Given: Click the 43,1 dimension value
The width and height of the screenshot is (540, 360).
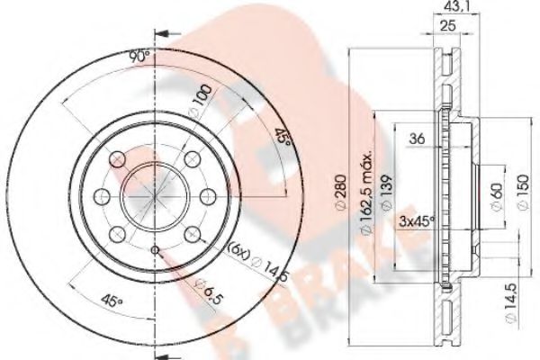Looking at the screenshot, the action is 455,5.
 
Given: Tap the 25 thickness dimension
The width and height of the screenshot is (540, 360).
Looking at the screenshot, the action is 448,25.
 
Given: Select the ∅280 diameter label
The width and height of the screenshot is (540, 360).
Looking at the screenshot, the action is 340,192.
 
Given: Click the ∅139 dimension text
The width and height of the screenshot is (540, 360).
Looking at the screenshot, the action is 386,192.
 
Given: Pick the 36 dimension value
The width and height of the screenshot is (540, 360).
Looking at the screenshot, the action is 417,139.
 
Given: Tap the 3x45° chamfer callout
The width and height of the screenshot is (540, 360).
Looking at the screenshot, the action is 417,221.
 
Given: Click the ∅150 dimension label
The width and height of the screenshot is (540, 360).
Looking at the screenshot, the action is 522,192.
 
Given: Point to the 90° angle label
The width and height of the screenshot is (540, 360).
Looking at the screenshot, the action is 139,57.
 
